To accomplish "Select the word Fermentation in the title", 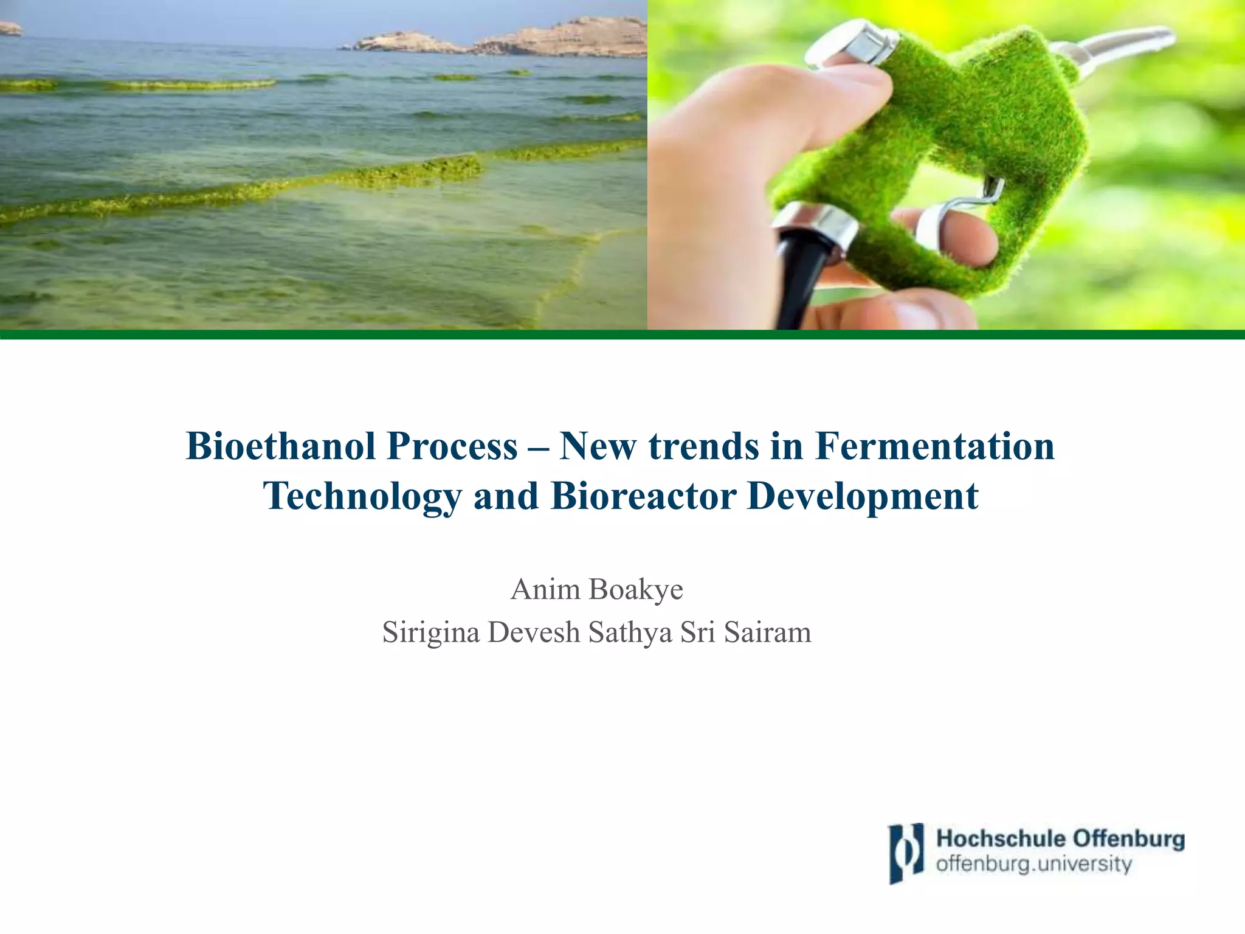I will [x=934, y=447].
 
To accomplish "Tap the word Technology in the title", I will [x=362, y=497].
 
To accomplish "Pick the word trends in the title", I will [x=703, y=447].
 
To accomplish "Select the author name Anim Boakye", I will [x=596, y=589].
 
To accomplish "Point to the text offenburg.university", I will [x=1033, y=864].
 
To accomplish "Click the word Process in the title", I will [x=452, y=447].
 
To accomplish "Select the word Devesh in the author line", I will [x=533, y=632].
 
